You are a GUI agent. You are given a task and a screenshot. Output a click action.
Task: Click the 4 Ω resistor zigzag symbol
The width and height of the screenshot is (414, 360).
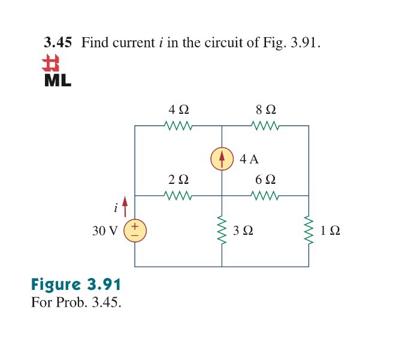(178, 126)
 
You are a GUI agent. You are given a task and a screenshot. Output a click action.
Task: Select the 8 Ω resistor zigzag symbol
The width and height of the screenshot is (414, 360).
(265, 126)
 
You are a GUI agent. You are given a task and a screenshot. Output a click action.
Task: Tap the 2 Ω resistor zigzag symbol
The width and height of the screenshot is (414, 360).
(178, 195)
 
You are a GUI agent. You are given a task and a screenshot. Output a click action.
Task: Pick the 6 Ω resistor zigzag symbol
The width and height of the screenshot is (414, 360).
(265, 195)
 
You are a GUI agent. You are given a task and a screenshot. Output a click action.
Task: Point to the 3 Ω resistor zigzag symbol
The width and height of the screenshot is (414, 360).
(222, 231)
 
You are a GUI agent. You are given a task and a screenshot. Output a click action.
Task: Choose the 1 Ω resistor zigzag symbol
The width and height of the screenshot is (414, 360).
(309, 231)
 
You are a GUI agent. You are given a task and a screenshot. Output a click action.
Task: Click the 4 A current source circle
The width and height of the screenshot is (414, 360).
(222, 159)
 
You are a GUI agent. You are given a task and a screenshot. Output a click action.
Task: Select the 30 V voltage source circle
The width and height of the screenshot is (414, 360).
(135, 231)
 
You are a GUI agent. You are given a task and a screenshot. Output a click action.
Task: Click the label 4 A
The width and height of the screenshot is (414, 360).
(249, 159)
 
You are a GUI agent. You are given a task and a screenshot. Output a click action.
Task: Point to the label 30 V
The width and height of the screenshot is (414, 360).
(105, 231)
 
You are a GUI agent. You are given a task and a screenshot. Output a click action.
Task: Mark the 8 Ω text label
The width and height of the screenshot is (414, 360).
(265, 110)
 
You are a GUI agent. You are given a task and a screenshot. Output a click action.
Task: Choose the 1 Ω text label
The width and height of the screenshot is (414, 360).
(330, 231)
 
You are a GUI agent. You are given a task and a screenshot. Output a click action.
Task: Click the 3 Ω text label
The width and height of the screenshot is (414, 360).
(243, 231)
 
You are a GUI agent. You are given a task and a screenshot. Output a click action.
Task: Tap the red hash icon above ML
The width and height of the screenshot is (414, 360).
(53, 64)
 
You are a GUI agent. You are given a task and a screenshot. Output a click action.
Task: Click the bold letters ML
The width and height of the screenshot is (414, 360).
(58, 80)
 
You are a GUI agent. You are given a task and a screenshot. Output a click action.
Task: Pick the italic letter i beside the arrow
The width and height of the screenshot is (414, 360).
(116, 208)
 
